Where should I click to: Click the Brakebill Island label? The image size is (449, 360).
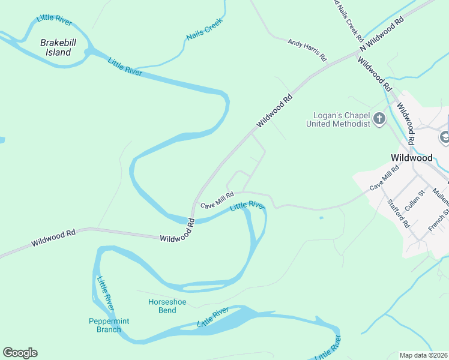click(x=55, y=47)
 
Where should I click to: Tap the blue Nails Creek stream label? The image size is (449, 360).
click(x=204, y=29)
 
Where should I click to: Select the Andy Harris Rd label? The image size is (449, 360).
click(x=307, y=50)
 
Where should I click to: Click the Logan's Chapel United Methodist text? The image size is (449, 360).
click(x=337, y=119)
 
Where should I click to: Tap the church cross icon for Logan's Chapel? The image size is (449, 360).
click(x=379, y=119)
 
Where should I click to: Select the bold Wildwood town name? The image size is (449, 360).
click(x=411, y=157)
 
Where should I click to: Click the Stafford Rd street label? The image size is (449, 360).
click(x=398, y=213)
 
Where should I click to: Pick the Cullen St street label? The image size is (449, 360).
click(x=415, y=199)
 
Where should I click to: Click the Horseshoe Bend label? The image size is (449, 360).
click(x=162, y=306)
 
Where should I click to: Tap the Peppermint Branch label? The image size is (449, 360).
click(x=109, y=325)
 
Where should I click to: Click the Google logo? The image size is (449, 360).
click(x=20, y=352)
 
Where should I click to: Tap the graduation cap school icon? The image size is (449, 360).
click(x=445, y=137)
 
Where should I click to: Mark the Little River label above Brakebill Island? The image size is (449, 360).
click(x=54, y=19)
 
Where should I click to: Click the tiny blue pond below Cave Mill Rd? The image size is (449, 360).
click(x=322, y=217)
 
